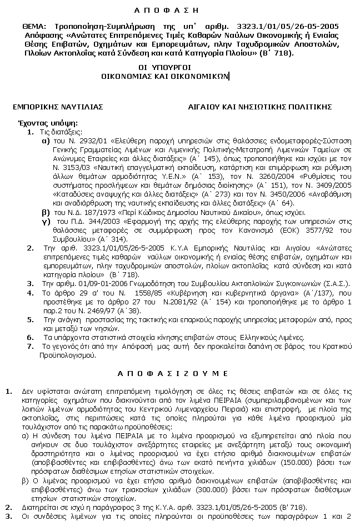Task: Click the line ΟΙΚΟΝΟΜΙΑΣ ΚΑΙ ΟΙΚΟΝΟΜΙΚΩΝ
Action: pyautogui.click(x=161, y=77)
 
